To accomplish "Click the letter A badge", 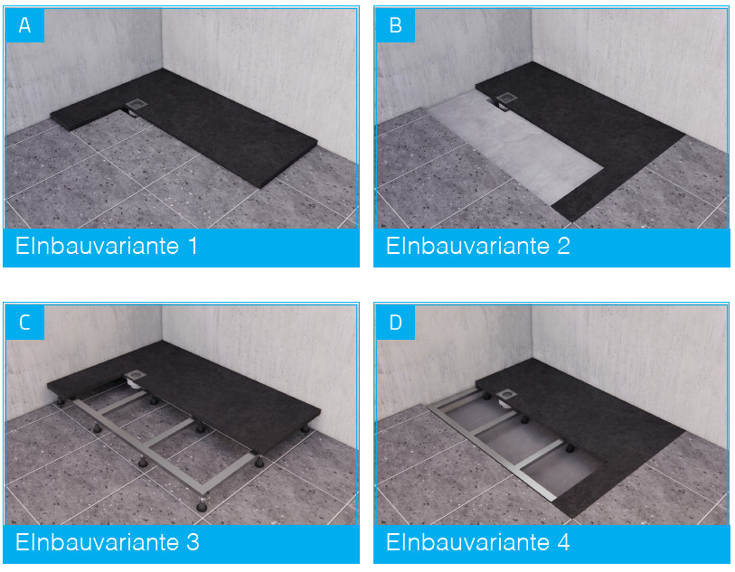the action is point(24,24).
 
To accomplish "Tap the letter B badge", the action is point(396,24).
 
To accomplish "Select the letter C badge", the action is point(24,323).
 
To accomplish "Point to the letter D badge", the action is point(396,323).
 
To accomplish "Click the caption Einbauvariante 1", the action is point(107,246).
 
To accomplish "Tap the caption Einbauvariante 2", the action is point(477,246).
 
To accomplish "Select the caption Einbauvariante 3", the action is point(108,542).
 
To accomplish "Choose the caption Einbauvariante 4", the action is point(477,542).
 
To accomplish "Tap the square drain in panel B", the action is point(506,98).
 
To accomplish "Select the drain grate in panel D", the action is point(506,395).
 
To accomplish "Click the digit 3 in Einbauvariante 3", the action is point(193,542).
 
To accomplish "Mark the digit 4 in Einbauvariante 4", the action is point(563,542).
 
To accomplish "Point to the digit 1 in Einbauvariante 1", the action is point(193,246).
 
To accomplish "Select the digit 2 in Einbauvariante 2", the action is point(563,246).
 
